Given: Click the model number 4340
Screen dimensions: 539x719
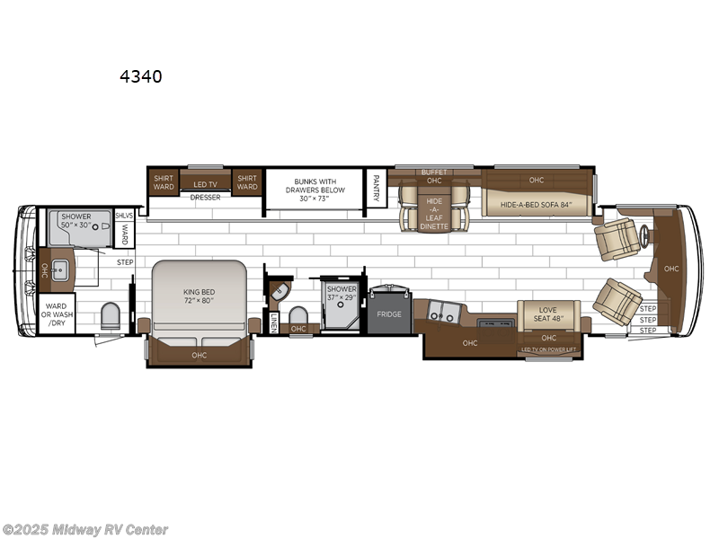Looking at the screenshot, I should pyautogui.click(x=141, y=76).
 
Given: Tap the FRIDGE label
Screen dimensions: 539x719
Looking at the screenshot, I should pyautogui.click(x=389, y=314).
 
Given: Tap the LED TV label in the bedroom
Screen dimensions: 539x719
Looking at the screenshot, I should pyautogui.click(x=206, y=184).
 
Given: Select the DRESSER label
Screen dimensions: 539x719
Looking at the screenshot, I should pyautogui.click(x=205, y=198).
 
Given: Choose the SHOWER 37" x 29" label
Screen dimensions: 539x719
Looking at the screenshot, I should pyautogui.click(x=342, y=293).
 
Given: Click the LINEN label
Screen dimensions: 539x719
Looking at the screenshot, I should pyautogui.click(x=273, y=321).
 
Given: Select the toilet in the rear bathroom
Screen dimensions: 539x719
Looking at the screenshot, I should pyautogui.click(x=111, y=316).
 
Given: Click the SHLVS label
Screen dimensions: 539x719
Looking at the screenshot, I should pyautogui.click(x=123, y=216).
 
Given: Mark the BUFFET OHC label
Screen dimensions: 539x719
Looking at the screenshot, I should pyautogui.click(x=434, y=177).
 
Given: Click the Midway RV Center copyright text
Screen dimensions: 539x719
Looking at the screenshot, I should pyautogui.click(x=85, y=530).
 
